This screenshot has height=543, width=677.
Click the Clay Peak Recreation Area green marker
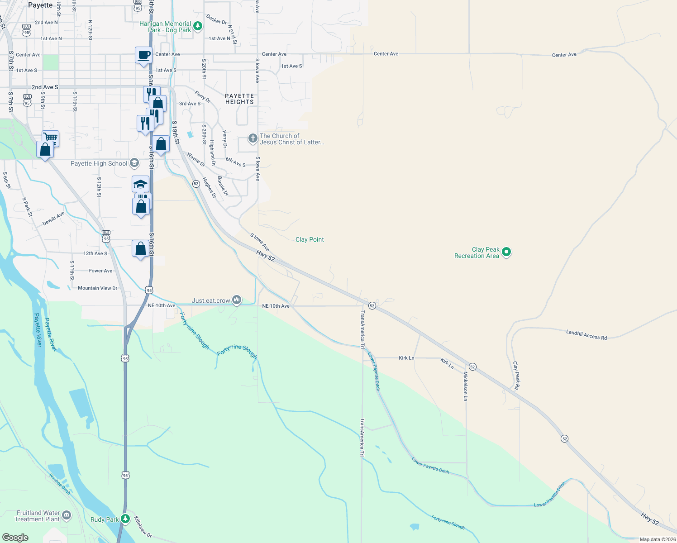(506, 252)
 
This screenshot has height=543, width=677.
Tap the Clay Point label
(310, 239)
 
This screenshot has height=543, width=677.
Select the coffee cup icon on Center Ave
(143, 56)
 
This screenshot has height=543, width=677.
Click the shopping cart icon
(51, 137)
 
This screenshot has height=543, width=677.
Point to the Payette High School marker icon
(134, 163)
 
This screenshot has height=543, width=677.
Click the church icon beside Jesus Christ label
(253, 138)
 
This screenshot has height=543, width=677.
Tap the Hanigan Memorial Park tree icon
(198, 26)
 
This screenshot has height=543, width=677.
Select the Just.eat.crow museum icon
(237, 300)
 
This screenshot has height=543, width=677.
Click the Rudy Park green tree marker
(125, 519)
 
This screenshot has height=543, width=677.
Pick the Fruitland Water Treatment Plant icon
(67, 515)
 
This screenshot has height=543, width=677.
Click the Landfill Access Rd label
(586, 334)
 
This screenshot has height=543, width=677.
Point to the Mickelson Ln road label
(465, 386)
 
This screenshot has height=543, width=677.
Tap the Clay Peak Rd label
(516, 376)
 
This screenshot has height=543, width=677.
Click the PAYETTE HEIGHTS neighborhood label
(239, 99)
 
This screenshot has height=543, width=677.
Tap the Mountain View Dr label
(97, 288)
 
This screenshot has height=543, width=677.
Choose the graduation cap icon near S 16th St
(140, 184)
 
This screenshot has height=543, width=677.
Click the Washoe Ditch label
(59, 483)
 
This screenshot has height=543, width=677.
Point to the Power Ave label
(100, 271)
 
